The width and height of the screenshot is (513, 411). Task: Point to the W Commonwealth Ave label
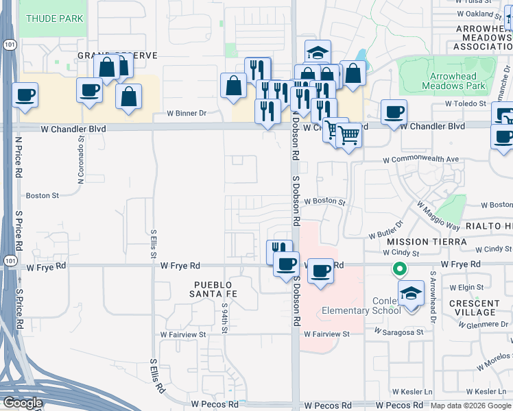420,159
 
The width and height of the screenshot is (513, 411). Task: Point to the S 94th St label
225,315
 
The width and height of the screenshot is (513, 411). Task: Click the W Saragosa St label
400,330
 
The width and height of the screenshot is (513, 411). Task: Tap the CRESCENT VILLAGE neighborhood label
475,307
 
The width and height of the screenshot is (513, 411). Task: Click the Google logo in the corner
23,403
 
